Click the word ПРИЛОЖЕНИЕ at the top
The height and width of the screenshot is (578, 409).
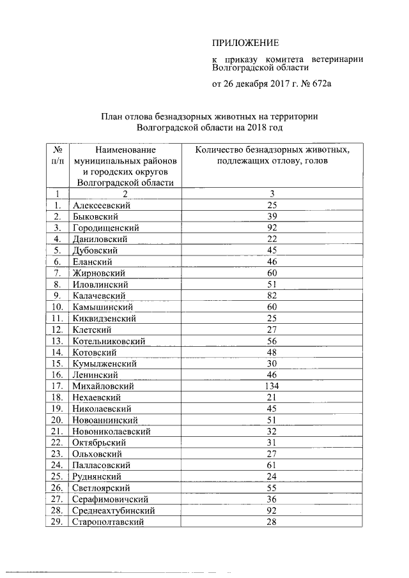245,43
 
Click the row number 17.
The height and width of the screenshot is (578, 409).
57,386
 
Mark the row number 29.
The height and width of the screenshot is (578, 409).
57,522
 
